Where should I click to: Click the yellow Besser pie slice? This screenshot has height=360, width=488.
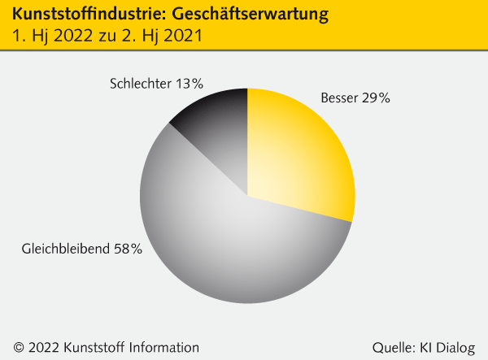click(x=301, y=154)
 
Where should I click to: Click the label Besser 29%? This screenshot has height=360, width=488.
click(x=355, y=98)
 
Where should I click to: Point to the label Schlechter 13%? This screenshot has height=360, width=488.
click(x=155, y=83)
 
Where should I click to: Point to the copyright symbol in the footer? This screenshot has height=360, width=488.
click(x=19, y=347)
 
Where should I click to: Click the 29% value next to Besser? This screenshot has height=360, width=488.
click(x=377, y=98)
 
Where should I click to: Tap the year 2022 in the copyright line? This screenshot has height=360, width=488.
click(x=43, y=347)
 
